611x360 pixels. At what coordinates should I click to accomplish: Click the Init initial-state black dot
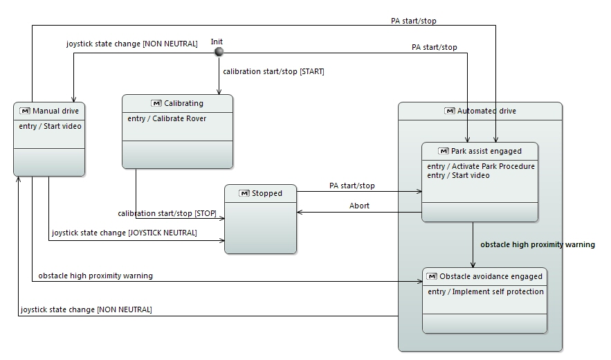pyautogui.click(x=219, y=53)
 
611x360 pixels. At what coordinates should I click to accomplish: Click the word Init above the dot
pyautogui.click(x=217, y=42)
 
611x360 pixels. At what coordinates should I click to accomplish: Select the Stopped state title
pyautogui.click(x=266, y=193)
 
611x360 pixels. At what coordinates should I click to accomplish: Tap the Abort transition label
pyautogui.click(x=359, y=206)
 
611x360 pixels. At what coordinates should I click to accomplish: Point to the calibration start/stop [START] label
pyautogui.click(x=273, y=71)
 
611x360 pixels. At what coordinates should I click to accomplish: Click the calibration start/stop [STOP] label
pyautogui.click(x=167, y=213)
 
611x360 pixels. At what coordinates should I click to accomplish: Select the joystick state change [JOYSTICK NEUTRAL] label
pyautogui.click(x=125, y=233)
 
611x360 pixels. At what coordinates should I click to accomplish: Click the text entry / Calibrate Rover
pyautogui.click(x=167, y=118)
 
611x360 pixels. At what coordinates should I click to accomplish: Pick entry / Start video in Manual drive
pyautogui.click(x=51, y=126)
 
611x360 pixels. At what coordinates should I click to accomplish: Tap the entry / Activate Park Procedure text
pyautogui.click(x=481, y=166)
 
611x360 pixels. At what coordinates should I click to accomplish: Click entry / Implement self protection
pyautogui.click(x=486, y=291)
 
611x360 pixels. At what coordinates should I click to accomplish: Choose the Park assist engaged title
pyautogui.click(x=486, y=151)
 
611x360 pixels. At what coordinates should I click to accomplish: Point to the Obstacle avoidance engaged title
pyautogui.click(x=491, y=276)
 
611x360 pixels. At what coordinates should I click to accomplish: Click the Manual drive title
pyautogui.click(x=55, y=111)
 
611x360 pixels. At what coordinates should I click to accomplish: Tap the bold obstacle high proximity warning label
pyautogui.click(x=538, y=244)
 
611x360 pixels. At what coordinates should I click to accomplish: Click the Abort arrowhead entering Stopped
pyautogui.click(x=300, y=213)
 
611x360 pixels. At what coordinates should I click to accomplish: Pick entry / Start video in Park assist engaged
pyautogui.click(x=458, y=175)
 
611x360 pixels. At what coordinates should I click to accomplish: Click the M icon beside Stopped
pyautogui.click(x=244, y=193)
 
